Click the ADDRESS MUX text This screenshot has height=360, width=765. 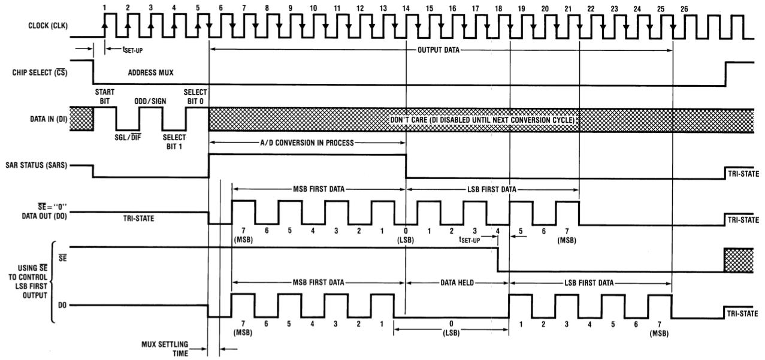[150, 72]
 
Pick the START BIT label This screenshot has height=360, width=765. [104, 96]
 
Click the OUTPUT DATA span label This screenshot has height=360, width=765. [439, 50]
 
